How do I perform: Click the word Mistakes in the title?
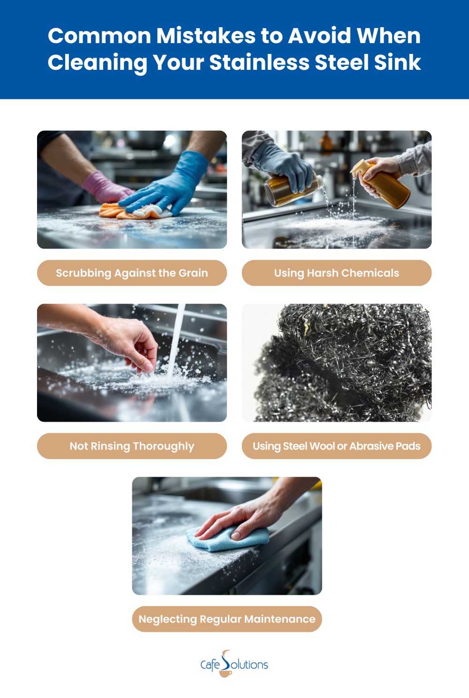[206, 36]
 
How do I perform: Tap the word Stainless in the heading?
[259, 62]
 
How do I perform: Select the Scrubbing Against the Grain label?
[132, 273]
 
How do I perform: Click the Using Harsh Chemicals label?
[337, 273]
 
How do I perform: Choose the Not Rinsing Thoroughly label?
[132, 446]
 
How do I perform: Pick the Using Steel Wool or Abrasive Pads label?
[337, 446]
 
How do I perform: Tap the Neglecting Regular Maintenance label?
[227, 619]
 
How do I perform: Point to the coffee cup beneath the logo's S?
[225, 673]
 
